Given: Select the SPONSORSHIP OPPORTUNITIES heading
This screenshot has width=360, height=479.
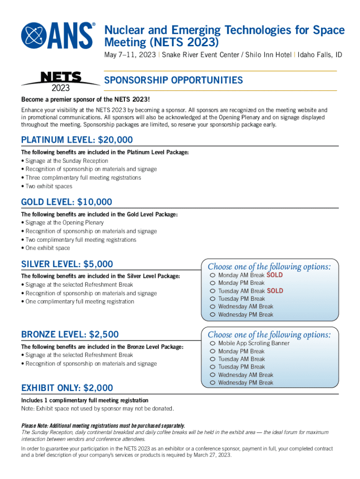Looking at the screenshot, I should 173,80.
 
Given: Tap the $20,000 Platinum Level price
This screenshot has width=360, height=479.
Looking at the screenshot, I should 112,140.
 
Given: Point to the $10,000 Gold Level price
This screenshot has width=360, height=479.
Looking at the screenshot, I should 94,202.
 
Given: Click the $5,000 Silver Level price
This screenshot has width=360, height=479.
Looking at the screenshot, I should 98,264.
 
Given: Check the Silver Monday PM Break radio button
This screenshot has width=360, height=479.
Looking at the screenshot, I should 213,283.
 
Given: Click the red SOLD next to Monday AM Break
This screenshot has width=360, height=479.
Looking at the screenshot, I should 275,275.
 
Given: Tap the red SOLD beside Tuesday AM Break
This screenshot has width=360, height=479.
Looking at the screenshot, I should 275,291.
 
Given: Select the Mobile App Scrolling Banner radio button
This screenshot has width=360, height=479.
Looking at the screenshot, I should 213,343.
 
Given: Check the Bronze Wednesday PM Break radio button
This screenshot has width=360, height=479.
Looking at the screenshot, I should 213,383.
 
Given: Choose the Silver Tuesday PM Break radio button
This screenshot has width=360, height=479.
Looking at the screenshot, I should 213,299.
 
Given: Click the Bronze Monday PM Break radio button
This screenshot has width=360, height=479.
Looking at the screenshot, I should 213,351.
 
